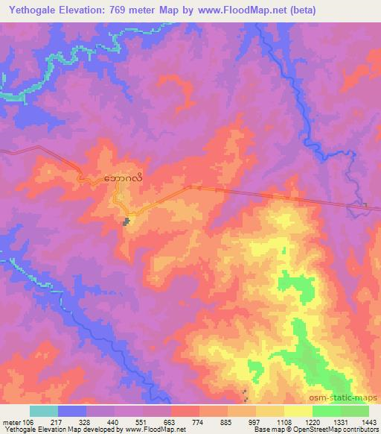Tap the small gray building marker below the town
(127, 221)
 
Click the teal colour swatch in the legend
(44, 411)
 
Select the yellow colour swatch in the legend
(271, 411)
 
